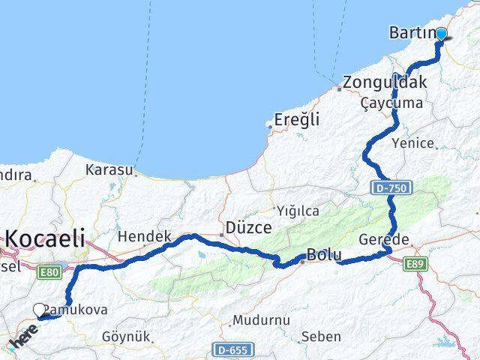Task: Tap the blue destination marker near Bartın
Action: point(441,34)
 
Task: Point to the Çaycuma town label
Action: point(391,103)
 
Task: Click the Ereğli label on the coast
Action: point(297,119)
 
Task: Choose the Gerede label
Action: point(405,240)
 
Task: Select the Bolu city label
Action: point(323,255)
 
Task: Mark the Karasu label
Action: point(109,169)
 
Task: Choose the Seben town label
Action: point(321,337)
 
